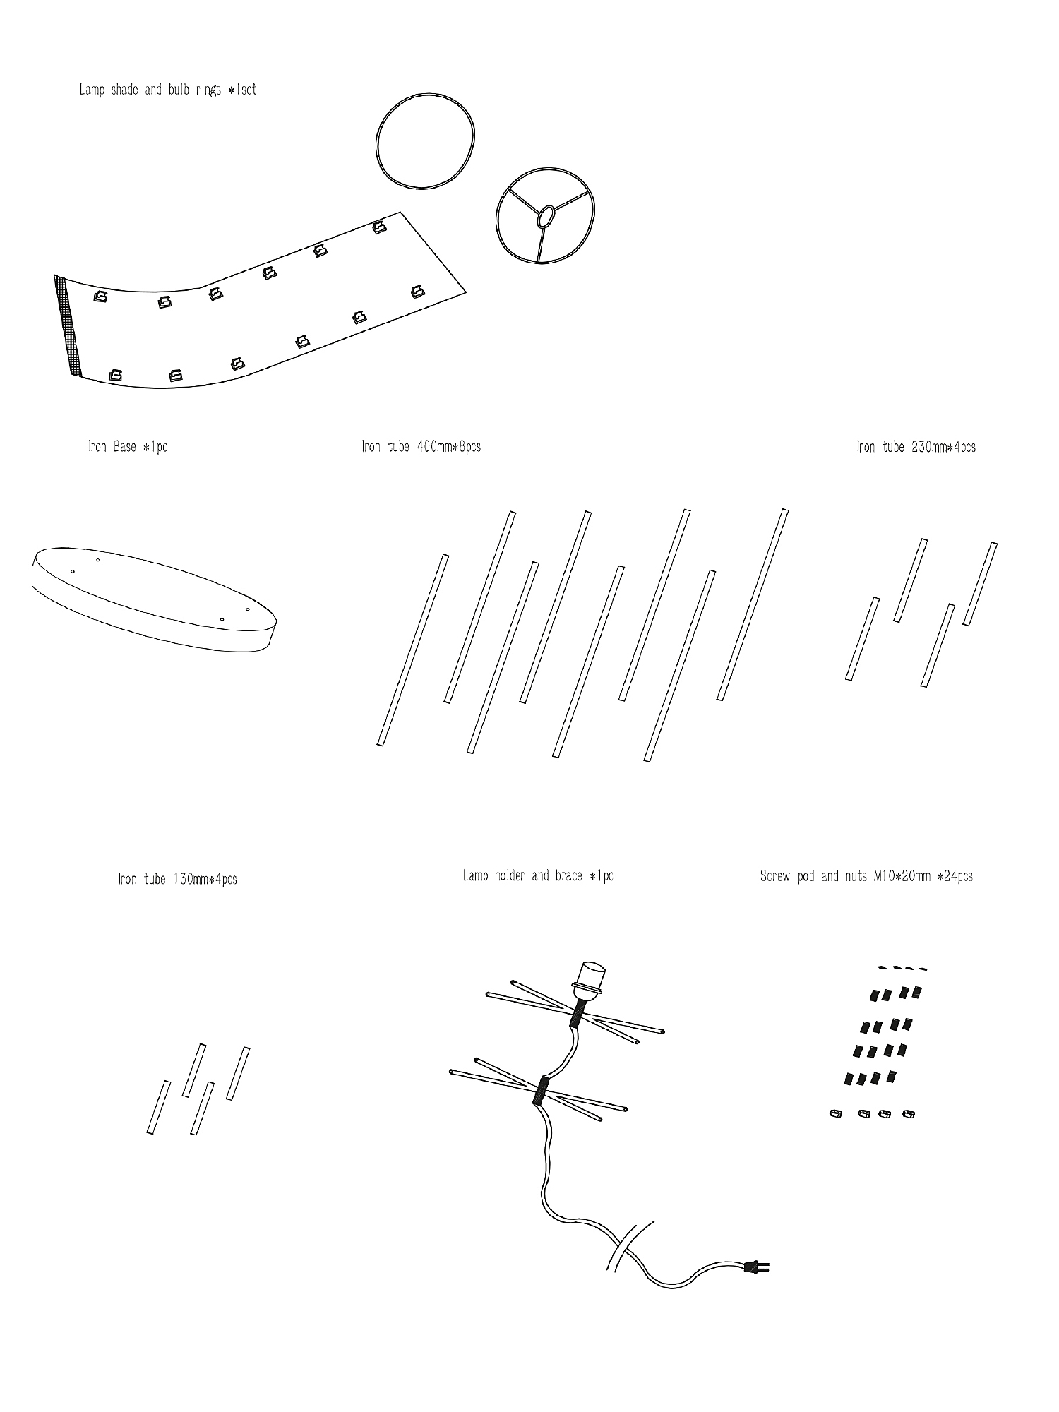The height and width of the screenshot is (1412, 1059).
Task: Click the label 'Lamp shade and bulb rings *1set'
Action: point(168,90)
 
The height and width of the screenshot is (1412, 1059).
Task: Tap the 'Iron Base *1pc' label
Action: point(128,447)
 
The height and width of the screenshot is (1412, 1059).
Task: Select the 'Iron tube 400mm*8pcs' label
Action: point(421,447)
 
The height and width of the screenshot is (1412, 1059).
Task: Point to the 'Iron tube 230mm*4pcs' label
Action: point(916,447)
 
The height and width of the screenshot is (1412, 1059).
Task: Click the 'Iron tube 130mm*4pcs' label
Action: point(177,879)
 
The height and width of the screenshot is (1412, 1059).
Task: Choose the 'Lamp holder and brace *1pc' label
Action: point(538,876)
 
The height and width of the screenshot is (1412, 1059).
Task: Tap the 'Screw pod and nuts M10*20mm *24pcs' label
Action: point(866,876)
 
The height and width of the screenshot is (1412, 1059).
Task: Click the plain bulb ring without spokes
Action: point(377,141)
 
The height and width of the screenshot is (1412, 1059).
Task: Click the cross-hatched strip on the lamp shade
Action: point(68,325)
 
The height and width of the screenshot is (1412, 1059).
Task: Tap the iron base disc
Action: point(154,599)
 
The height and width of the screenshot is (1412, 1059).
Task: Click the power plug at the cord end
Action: point(757,1267)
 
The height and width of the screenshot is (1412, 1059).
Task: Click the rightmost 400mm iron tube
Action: point(753,604)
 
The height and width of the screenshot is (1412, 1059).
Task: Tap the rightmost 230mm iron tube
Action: point(981,584)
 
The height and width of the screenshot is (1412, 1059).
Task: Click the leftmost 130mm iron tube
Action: point(159,1107)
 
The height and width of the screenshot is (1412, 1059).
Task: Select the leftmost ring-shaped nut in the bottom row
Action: point(835,1114)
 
